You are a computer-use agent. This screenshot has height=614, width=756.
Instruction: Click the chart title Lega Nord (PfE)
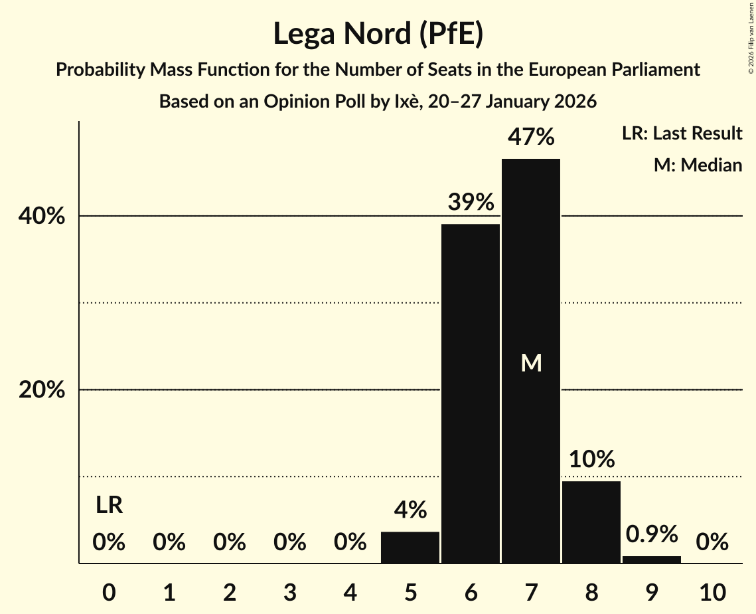pyautogui.click(x=378, y=34)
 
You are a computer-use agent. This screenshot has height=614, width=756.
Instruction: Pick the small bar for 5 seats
pyautogui.click(x=410, y=548)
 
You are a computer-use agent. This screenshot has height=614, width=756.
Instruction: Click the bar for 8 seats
pyautogui.click(x=591, y=522)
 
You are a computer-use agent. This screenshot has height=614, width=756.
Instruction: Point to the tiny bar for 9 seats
pyautogui.click(x=652, y=560)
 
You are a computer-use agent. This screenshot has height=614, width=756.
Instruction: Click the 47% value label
pyautogui.click(x=531, y=137)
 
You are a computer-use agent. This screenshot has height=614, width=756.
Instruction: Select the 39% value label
pyautogui.click(x=471, y=202)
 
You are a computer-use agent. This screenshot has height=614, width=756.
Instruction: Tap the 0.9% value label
pyautogui.click(x=652, y=534)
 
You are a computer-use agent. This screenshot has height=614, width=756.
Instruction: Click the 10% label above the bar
pyautogui.click(x=591, y=459)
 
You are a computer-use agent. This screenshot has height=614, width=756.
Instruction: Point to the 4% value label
pyautogui.click(x=410, y=510)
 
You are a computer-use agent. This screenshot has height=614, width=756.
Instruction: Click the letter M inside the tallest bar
pyautogui.click(x=531, y=363)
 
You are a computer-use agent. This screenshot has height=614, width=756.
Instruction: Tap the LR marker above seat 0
pyautogui.click(x=109, y=506)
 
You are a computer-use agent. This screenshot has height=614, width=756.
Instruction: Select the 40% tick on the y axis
pyautogui.click(x=42, y=217)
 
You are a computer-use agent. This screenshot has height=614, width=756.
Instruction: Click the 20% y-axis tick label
pyautogui.click(x=42, y=390)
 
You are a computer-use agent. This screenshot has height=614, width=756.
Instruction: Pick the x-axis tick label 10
pyautogui.click(x=712, y=591)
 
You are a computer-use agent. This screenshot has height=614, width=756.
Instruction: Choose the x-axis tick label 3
pyautogui.click(x=289, y=591)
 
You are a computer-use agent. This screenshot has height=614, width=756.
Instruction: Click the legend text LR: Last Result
pyautogui.click(x=682, y=134)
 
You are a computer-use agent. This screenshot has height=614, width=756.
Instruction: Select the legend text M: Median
pyautogui.click(x=698, y=165)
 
